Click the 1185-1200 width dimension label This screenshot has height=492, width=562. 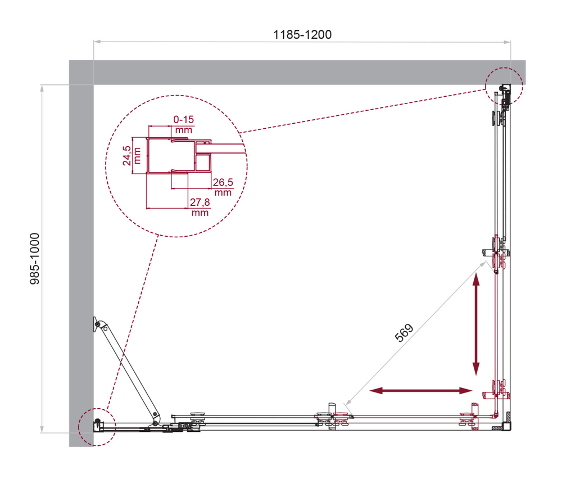pos(302,34)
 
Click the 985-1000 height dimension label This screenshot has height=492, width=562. pos(35,259)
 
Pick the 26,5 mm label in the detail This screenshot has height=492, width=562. pos(223,187)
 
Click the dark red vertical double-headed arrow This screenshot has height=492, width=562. pos(476,324)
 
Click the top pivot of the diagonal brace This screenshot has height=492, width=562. pos(98,324)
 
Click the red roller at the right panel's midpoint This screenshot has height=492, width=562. pos(498,260)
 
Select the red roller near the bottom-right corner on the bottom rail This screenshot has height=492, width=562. pos(468,418)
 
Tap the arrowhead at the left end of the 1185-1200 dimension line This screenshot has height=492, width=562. pos(96,42)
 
